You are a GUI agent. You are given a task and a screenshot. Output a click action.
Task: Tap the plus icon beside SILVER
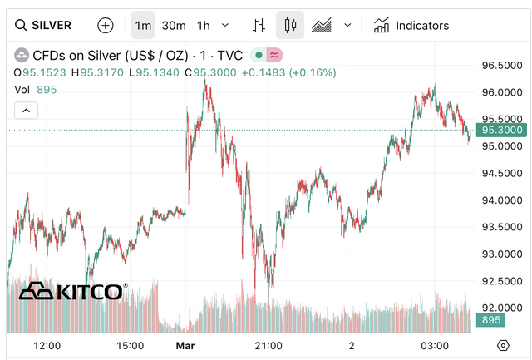(x=106, y=25)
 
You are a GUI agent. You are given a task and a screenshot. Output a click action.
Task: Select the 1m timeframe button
(x=143, y=25)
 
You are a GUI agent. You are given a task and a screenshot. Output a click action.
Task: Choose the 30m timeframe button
(x=174, y=25)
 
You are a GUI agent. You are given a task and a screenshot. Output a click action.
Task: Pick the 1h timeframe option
(x=204, y=25)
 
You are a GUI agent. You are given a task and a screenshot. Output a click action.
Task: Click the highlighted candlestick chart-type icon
(x=290, y=25)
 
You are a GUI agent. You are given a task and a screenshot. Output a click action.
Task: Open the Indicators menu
(x=411, y=25)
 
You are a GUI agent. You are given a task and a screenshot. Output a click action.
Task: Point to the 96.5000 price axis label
(x=502, y=65)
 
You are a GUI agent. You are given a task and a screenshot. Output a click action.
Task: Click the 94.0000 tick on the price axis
(x=502, y=200)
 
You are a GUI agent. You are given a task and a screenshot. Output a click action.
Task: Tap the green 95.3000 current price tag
(x=502, y=130)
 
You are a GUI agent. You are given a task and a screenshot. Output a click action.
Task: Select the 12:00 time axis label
(x=47, y=345)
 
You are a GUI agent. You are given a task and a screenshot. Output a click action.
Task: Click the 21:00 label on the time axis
(x=268, y=345)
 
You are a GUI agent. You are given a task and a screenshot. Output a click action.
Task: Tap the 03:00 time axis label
(x=435, y=345)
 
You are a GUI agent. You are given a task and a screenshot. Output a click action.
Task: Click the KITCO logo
(x=73, y=291)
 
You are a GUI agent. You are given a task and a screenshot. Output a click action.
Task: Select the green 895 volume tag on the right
(x=490, y=320)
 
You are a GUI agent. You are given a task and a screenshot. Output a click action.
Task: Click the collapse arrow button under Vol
(x=26, y=110)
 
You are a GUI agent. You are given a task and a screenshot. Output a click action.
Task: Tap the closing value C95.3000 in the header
(x=211, y=73)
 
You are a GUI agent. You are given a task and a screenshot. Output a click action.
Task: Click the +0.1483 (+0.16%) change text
(x=288, y=73)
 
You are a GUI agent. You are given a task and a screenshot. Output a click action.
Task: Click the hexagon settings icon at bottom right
(x=503, y=345)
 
